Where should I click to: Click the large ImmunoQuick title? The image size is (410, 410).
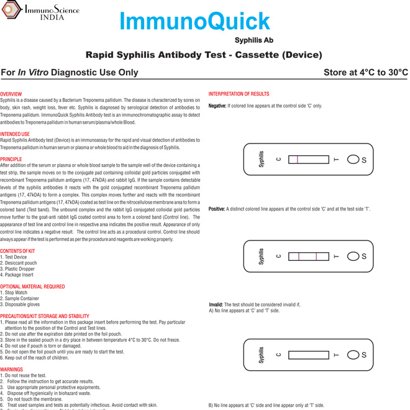tap(194, 22)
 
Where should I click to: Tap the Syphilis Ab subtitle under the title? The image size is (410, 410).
tap(253, 40)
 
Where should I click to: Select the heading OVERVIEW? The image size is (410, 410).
tap(11, 94)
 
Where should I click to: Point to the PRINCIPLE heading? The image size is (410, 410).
tap(11, 159)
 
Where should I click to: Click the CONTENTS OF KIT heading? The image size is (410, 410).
tap(17, 251)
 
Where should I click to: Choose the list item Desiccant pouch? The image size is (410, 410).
tap(20, 263)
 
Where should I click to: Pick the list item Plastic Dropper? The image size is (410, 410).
tap(19, 268)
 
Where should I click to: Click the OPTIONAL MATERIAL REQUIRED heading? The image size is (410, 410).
tap(32, 286)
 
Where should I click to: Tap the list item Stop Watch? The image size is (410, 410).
tap(16, 293)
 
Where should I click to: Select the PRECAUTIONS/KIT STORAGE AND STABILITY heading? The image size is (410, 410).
tap(45, 316)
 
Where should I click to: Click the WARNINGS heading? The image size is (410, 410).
tap(11, 370)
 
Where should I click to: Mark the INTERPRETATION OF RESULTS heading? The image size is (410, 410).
tap(239, 94)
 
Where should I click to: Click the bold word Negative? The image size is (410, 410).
tap(217, 106)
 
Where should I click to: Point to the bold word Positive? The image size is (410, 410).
tap(217, 209)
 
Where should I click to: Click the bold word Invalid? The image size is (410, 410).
tap(216, 304)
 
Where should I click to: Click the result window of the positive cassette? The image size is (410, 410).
tap(309, 257)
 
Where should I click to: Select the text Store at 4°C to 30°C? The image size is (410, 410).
tap(365, 73)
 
